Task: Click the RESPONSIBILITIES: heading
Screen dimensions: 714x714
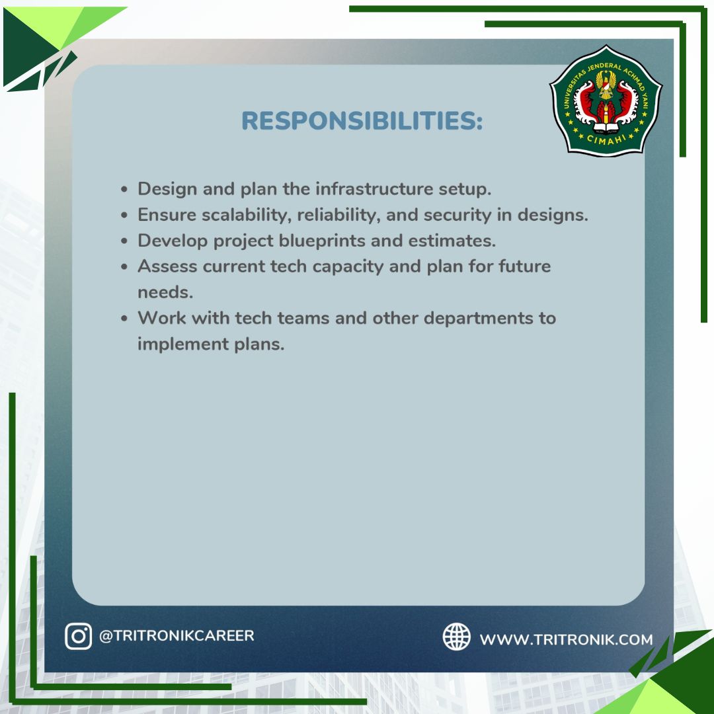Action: tap(362, 121)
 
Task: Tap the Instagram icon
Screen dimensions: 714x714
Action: tap(78, 636)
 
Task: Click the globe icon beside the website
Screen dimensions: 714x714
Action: tap(456, 637)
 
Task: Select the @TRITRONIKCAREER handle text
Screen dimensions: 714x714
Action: tap(177, 636)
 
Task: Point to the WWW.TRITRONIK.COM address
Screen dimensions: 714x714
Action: tap(566, 639)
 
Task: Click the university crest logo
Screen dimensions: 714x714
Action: tap(606, 100)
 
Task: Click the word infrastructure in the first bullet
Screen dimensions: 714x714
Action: tap(374, 188)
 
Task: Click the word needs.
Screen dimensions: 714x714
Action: tap(165, 292)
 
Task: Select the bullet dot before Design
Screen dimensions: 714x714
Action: tap(124, 190)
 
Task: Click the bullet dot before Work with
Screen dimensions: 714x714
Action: tap(124, 318)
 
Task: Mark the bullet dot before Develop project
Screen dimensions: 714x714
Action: tap(124, 241)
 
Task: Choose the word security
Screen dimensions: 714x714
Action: tap(457, 215)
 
